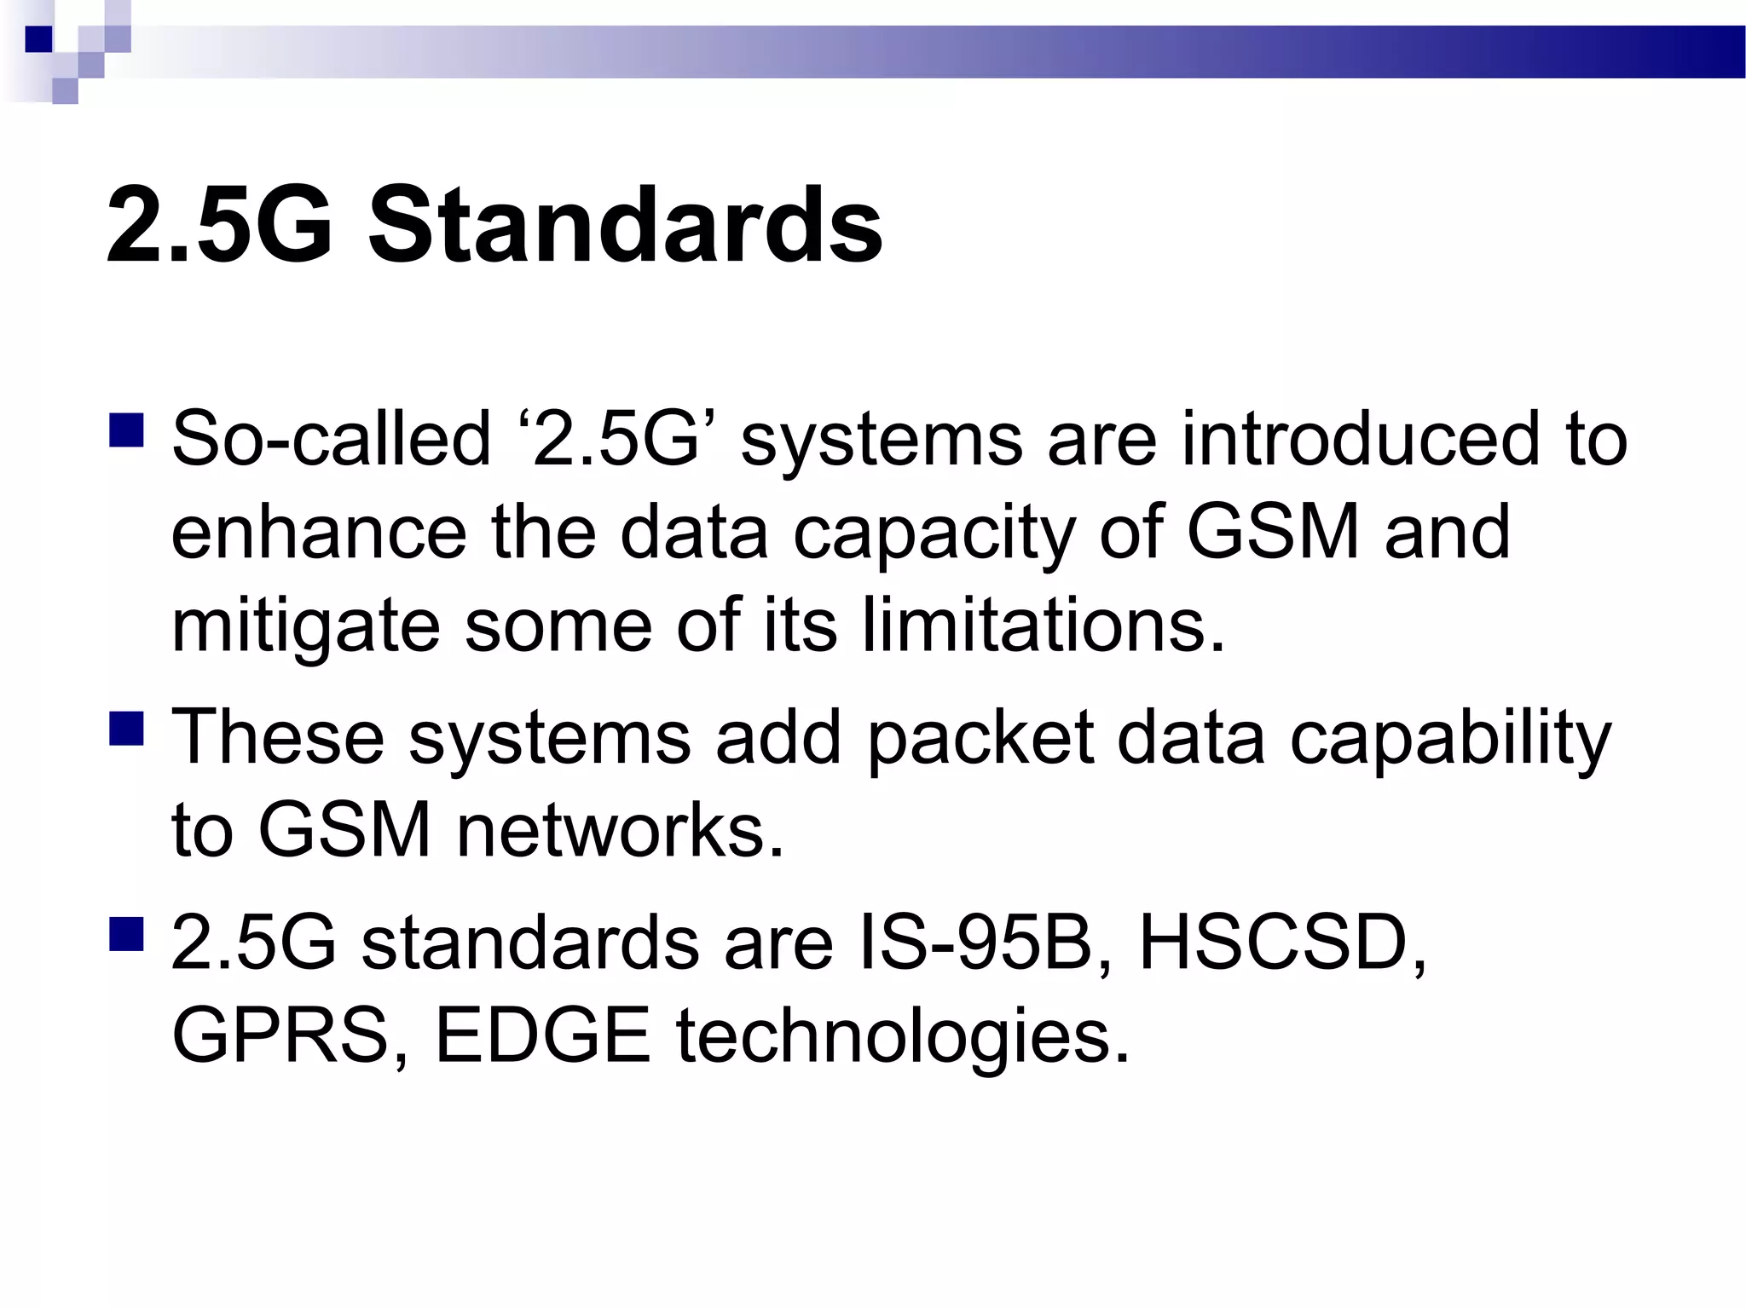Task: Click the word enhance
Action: [319, 532]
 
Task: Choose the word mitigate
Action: [306, 626]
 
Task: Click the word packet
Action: [980, 738]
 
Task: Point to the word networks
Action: [619, 830]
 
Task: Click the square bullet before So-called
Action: [127, 431]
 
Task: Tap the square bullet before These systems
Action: [127, 730]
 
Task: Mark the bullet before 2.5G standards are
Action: [127, 934]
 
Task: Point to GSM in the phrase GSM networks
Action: [344, 830]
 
